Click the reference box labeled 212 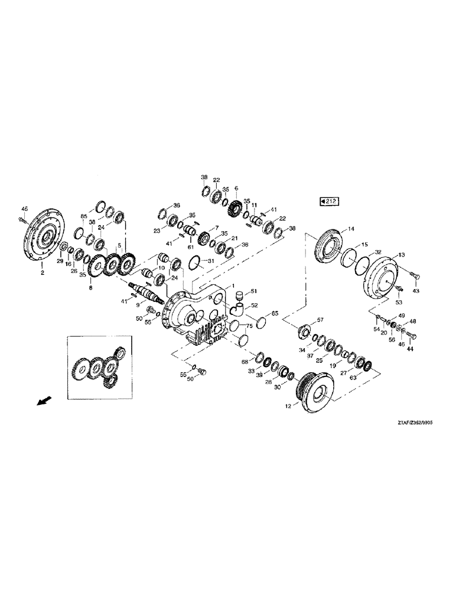tap(328, 202)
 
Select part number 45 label tap(24, 209)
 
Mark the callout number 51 tap(255, 291)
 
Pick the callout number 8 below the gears tap(90, 288)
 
